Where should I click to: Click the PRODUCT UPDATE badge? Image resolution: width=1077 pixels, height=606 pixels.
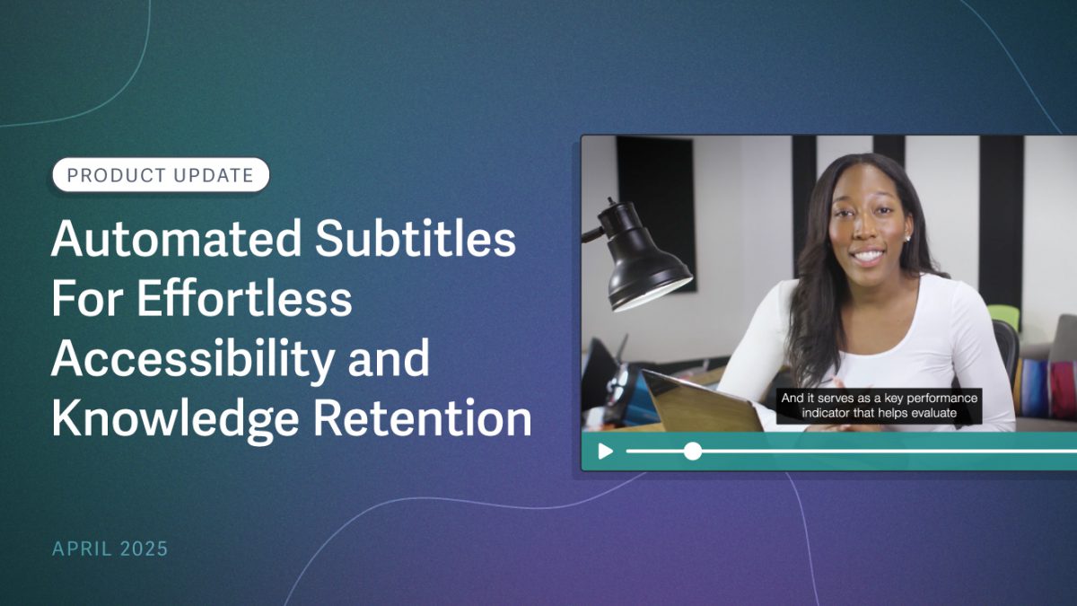click(x=161, y=175)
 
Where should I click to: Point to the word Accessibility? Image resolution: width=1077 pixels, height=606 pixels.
click(x=190, y=360)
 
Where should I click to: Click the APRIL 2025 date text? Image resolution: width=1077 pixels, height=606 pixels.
click(x=109, y=549)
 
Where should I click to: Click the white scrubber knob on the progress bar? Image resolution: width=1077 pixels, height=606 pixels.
click(x=693, y=451)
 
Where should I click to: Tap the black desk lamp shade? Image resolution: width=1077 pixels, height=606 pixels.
click(x=648, y=265)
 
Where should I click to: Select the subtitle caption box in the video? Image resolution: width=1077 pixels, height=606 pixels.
click(x=880, y=406)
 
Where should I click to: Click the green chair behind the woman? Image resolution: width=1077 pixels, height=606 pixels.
click(x=1003, y=316)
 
